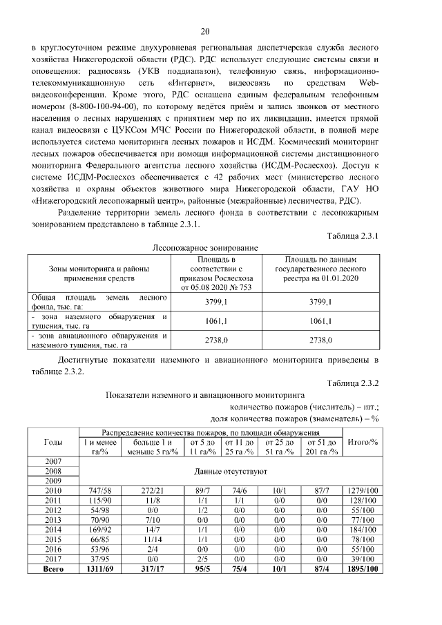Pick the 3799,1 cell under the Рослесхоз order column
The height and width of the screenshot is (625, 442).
click(x=218, y=302)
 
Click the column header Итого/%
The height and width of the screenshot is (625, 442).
click(x=362, y=441)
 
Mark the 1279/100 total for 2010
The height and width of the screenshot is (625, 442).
click(x=362, y=490)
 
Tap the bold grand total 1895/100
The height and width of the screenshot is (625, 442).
click(x=362, y=569)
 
